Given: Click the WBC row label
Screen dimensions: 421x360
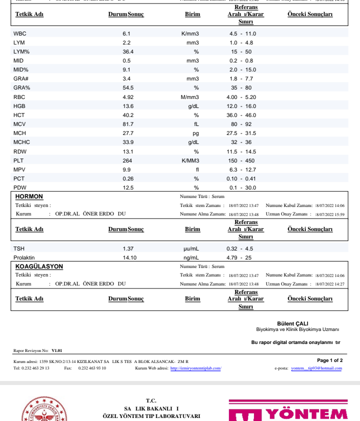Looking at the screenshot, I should pyautogui.click(x=19, y=33).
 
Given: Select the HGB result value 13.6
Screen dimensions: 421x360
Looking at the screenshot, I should pyautogui.click(x=128, y=106).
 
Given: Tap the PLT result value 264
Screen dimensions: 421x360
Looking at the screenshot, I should pyautogui.click(x=127, y=160).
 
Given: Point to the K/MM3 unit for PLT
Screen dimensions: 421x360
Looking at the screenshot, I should pyautogui.click(x=190, y=160).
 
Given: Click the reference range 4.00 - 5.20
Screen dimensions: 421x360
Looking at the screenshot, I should pyautogui.click(x=241, y=97).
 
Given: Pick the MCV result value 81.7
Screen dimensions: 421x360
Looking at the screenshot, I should pyautogui.click(x=128, y=124).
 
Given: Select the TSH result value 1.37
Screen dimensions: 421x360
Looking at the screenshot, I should pyautogui.click(x=128, y=248).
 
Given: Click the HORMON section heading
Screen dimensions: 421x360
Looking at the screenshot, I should pyautogui.click(x=29, y=196).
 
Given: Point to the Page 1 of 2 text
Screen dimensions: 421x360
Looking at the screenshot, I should pyautogui.click(x=330, y=360).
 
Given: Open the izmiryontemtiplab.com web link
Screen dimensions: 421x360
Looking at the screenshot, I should pyautogui.click(x=195, y=368).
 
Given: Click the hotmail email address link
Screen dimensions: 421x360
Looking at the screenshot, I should pyautogui.click(x=316, y=368).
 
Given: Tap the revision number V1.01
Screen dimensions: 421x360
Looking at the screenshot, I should pyautogui.click(x=57, y=350).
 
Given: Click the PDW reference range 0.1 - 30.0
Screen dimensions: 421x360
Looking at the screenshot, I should pyautogui.click(x=242, y=187).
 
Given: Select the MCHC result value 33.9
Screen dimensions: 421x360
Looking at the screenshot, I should pyautogui.click(x=128, y=142).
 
